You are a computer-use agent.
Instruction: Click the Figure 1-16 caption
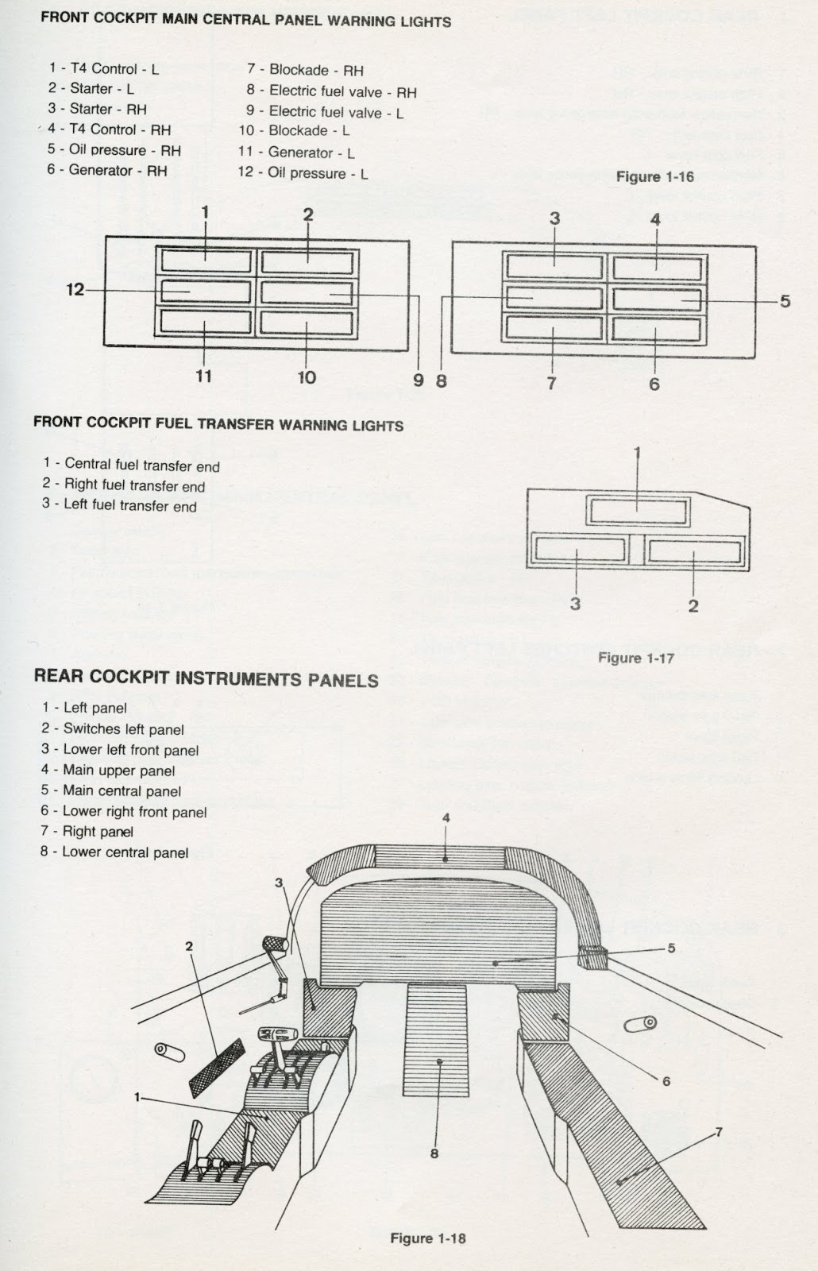(x=654, y=176)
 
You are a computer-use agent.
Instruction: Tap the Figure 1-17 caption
(x=635, y=658)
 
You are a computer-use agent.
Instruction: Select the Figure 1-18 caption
(x=427, y=1238)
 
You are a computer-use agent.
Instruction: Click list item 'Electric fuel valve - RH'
(x=331, y=91)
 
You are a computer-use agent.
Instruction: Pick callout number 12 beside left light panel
(x=75, y=290)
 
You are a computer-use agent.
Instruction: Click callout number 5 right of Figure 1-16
(x=785, y=301)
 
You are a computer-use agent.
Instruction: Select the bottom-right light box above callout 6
(x=657, y=329)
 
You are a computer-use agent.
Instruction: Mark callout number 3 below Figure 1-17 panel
(x=575, y=604)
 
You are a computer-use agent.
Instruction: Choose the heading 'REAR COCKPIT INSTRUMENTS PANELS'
(x=206, y=678)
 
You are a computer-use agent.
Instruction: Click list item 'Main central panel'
(x=111, y=790)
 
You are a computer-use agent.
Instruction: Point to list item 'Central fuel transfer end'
(x=131, y=465)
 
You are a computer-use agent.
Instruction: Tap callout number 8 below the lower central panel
(x=434, y=1153)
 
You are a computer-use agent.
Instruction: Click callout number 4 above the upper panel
(x=446, y=817)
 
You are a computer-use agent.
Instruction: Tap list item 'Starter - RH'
(x=97, y=109)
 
